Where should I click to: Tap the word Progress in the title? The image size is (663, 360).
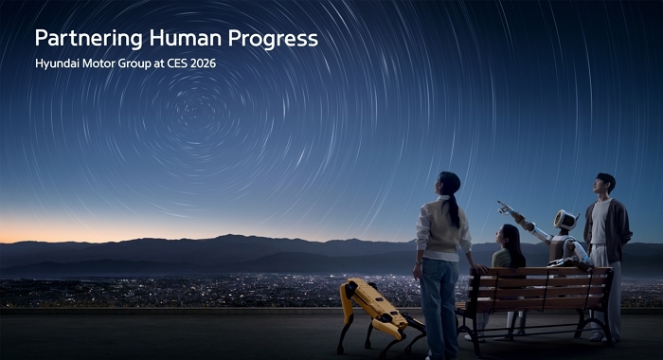(x=275, y=39)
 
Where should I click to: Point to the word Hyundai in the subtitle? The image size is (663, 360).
(x=60, y=65)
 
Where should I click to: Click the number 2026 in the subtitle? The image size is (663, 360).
(x=210, y=65)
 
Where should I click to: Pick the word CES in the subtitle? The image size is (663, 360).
(x=177, y=65)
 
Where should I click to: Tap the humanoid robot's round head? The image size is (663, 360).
(x=564, y=220)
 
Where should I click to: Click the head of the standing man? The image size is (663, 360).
(x=604, y=183)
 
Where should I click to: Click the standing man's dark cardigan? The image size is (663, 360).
(x=618, y=232)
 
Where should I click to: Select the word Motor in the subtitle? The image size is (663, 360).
(x=105, y=65)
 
